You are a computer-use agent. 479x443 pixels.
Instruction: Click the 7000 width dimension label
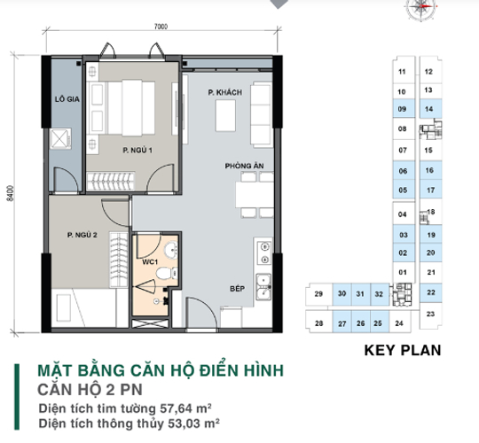tap(161, 27)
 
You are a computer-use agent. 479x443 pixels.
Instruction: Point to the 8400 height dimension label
tap(11, 193)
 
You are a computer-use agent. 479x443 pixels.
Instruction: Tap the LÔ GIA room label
tap(67, 99)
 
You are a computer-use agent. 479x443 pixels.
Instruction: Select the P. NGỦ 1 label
tap(137, 150)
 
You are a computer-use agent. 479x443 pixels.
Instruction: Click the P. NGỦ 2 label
tap(82, 235)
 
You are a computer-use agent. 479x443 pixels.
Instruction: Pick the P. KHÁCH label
tap(225, 92)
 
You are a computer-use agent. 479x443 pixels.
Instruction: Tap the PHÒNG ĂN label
tap(245, 166)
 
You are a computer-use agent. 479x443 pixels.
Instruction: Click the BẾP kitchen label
tap(238, 289)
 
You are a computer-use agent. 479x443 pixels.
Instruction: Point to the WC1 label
tap(150, 262)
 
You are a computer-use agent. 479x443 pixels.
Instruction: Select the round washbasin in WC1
tap(171, 250)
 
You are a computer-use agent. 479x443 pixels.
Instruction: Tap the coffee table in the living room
tap(225, 116)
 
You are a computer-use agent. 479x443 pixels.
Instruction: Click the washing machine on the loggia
tap(60, 138)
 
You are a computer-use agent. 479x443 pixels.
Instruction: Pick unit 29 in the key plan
tap(318, 294)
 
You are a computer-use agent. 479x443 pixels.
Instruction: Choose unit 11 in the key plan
tap(402, 72)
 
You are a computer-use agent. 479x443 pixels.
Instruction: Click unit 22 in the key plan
tap(431, 292)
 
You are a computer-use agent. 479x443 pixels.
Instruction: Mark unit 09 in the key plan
tap(403, 109)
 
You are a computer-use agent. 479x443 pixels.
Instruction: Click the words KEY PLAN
tap(403, 350)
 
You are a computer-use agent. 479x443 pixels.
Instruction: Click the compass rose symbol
tap(421, 7)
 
